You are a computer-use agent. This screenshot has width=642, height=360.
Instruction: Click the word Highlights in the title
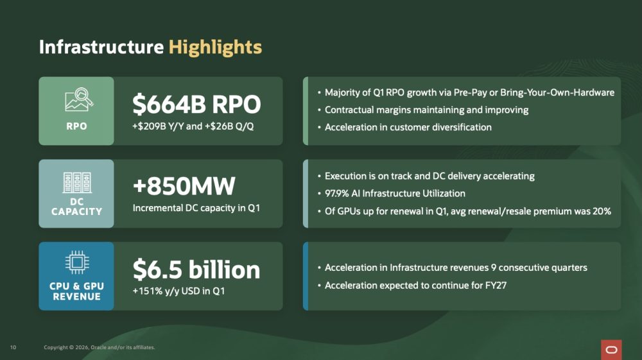[215, 47]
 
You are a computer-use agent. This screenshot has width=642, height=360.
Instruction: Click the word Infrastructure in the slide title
[101, 47]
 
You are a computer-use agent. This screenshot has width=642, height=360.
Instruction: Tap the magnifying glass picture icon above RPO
[79, 99]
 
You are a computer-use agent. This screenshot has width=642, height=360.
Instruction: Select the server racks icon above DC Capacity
[77, 182]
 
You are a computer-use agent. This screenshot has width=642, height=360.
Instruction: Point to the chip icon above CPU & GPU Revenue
[77, 262]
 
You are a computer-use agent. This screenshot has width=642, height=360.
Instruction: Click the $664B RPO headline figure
[196, 105]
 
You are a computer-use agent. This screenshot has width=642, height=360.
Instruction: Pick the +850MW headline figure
[184, 186]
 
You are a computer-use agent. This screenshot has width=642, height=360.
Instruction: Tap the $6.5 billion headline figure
[196, 270]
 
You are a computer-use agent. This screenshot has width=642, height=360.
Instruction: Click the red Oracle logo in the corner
[611, 350]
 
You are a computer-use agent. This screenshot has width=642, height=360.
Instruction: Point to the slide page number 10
[13, 347]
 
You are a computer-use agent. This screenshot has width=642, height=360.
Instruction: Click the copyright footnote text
[100, 347]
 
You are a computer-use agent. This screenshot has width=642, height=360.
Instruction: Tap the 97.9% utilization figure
[336, 194]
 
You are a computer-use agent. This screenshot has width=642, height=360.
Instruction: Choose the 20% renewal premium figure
[602, 211]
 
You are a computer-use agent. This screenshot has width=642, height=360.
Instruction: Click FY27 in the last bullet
[496, 285]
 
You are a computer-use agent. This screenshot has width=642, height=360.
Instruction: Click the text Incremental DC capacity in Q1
[196, 208]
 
